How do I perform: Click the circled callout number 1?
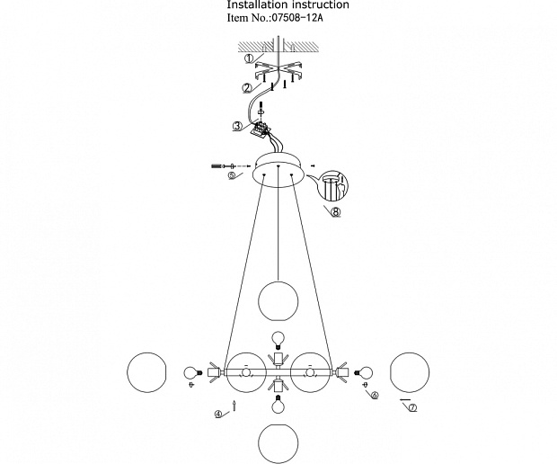[x=250, y=58]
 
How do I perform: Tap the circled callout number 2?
[x=247, y=88]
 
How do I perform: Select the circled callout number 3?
[x=238, y=126]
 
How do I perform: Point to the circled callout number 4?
[x=218, y=414]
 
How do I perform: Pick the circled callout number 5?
[x=232, y=175]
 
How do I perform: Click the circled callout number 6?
[x=375, y=395]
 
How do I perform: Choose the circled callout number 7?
[x=412, y=408]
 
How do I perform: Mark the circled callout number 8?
[x=335, y=212]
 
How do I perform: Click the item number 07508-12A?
[x=297, y=18]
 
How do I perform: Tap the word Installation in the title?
[x=253, y=4]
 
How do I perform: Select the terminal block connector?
[x=260, y=129]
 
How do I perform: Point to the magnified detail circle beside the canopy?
[x=332, y=184]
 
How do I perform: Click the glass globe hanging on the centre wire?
[x=278, y=301]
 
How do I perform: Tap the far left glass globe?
[x=146, y=372]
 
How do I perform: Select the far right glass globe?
[x=410, y=372]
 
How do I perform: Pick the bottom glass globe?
[x=278, y=443]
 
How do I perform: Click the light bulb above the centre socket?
[x=278, y=339]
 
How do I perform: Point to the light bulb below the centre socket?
[x=278, y=404]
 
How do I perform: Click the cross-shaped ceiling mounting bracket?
[x=278, y=71]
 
